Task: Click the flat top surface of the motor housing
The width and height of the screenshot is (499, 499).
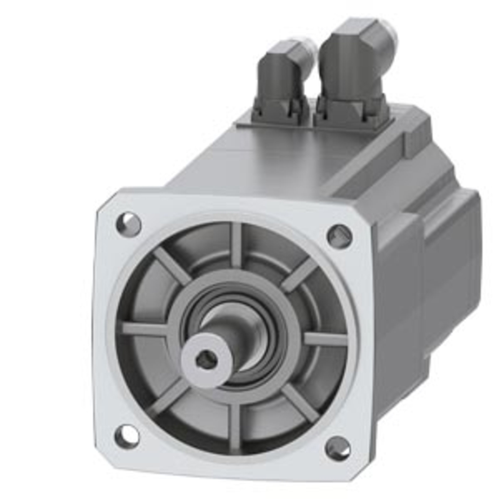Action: pyautogui.click(x=284, y=160)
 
